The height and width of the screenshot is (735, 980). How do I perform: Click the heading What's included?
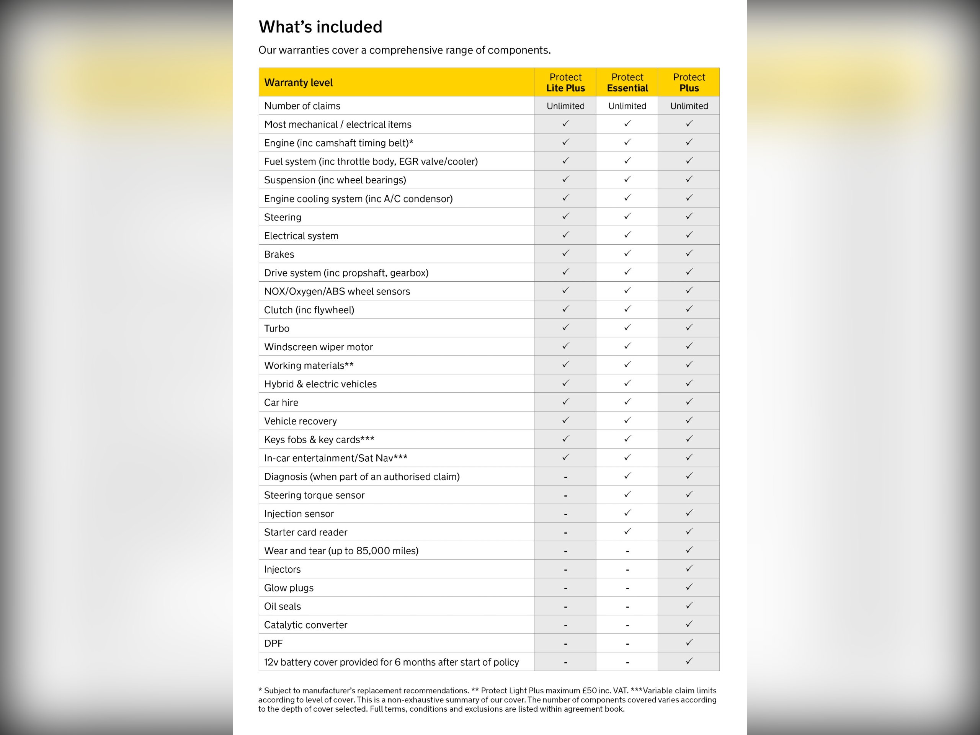click(x=320, y=27)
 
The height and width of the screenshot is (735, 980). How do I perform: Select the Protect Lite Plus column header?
click(x=565, y=82)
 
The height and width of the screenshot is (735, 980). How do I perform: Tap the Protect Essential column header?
click(x=627, y=82)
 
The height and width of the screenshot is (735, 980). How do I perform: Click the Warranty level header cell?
click(x=298, y=82)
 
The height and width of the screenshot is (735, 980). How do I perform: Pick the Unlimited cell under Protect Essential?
click(x=627, y=106)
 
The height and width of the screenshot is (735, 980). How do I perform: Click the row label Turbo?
click(x=276, y=328)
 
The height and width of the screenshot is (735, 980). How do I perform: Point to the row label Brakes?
click(x=279, y=254)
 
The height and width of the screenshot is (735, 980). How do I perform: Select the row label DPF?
click(x=273, y=643)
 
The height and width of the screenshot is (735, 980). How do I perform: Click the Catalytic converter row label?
click(x=306, y=625)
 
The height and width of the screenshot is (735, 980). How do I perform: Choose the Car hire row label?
click(x=281, y=402)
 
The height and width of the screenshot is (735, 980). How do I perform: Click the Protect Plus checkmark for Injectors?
click(x=689, y=568)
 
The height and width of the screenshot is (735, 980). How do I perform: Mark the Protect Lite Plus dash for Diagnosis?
click(x=565, y=477)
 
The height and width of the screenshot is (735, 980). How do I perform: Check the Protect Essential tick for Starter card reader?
click(x=627, y=531)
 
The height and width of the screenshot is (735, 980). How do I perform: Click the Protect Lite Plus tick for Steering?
click(x=565, y=216)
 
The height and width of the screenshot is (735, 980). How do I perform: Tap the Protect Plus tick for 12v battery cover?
click(x=689, y=661)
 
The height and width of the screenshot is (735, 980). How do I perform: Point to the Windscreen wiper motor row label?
click(x=318, y=347)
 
